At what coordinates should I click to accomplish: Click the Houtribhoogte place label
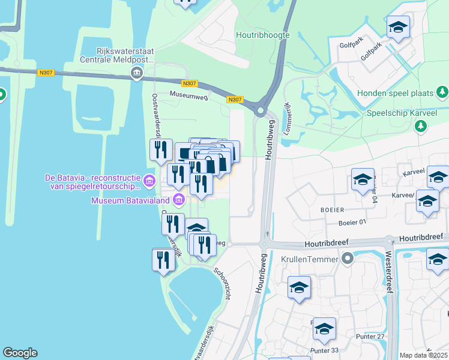click(263, 35)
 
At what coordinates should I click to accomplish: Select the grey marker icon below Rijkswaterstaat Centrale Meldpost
click(136, 74)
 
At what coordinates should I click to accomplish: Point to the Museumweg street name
click(188, 95)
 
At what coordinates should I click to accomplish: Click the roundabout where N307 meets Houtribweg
click(261, 110)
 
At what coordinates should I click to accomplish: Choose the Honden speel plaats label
click(396, 93)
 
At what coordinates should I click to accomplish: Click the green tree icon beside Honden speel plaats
click(442, 92)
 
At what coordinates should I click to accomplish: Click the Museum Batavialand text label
click(130, 200)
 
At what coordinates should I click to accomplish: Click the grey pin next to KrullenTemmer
click(347, 259)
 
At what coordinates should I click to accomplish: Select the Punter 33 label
click(325, 350)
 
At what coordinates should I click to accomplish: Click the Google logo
click(20, 353)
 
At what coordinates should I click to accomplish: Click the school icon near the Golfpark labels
click(398, 28)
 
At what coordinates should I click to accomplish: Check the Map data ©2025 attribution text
click(423, 355)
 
